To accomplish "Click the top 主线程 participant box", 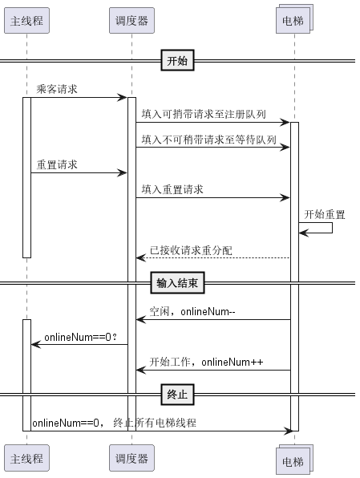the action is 26,20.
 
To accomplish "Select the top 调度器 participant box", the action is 131,20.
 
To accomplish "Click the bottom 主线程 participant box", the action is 26,458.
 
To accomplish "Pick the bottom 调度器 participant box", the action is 131,458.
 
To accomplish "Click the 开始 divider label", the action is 177,60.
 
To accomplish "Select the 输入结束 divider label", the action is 177,283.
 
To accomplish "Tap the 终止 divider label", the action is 177,395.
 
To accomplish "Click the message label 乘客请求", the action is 57,89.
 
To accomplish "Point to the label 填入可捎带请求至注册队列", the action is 204,114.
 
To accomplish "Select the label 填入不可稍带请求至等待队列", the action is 208,140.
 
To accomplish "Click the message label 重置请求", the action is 57,164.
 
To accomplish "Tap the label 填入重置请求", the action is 172,189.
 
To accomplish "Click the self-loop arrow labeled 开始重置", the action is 332,228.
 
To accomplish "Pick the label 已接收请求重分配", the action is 191,250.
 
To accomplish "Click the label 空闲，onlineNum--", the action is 192,311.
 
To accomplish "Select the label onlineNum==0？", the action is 81,337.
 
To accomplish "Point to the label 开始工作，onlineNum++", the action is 206,362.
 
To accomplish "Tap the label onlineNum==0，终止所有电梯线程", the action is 115,423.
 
